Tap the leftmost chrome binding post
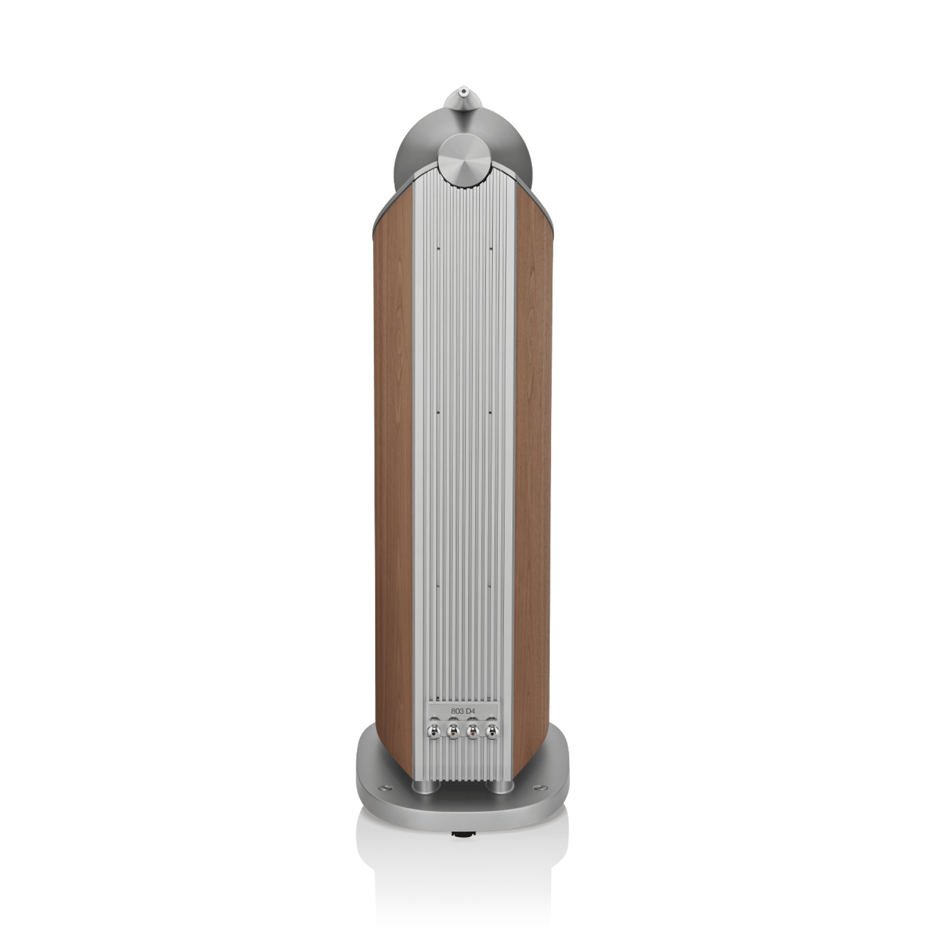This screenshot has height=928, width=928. (434, 745)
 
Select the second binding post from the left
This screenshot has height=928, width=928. (453, 745)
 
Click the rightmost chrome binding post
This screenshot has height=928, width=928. (492, 745)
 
